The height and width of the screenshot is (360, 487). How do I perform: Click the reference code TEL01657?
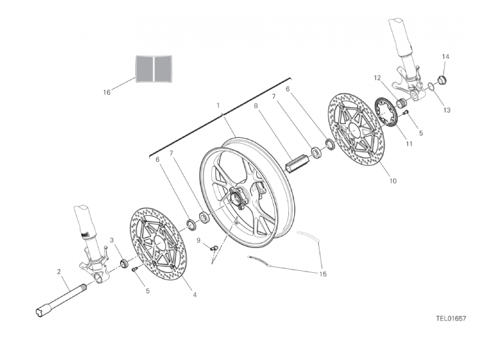pyautogui.click(x=451, y=318)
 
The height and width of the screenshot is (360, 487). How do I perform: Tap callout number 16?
pyautogui.click(x=106, y=92)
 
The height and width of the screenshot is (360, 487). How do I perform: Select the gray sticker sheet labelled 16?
pyautogui.click(x=154, y=68)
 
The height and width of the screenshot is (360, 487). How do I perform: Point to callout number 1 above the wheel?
pyautogui.click(x=218, y=105)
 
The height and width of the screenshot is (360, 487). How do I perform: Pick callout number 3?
pyautogui.click(x=112, y=240)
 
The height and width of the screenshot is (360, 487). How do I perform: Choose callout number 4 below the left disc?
pyautogui.click(x=195, y=295)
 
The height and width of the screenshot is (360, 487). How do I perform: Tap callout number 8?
pyautogui.click(x=256, y=106)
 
